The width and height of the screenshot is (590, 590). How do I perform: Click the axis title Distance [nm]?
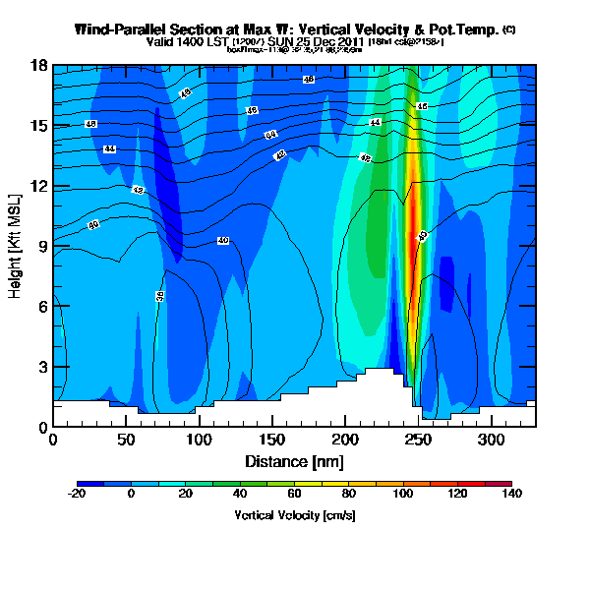294,461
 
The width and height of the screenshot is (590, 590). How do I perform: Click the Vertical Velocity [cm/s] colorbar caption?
294,515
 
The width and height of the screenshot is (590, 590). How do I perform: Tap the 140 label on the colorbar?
511,495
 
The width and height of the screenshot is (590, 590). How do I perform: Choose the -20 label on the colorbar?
77,495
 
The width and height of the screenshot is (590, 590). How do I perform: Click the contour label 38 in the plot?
159,295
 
